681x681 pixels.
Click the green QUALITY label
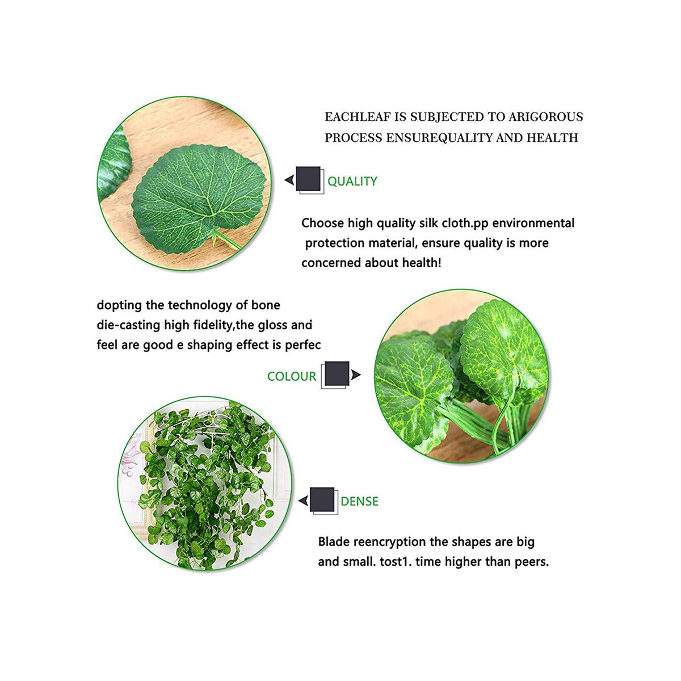click(352, 181)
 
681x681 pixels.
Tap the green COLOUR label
click(292, 376)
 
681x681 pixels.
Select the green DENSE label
click(359, 501)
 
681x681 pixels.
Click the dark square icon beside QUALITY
click(308, 179)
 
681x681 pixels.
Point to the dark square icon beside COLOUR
click(337, 373)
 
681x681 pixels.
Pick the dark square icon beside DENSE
click(322, 499)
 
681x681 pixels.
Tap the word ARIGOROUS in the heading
click(545, 117)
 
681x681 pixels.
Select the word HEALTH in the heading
click(552, 138)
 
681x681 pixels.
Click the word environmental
click(533, 224)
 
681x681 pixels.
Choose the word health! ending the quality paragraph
click(422, 263)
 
